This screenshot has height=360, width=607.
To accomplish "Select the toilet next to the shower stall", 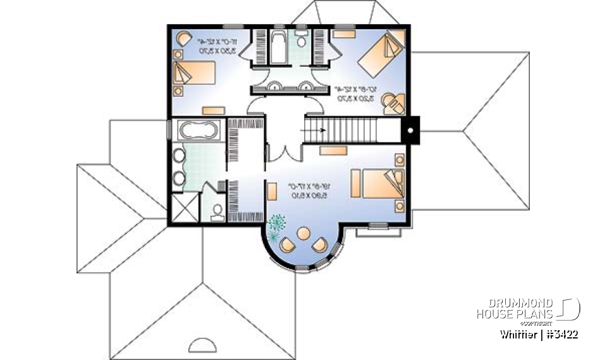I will tap(217, 211).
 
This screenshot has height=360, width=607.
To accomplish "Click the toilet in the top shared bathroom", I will tap(301, 42).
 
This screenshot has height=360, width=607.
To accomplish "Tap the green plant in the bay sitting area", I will tap(276, 225).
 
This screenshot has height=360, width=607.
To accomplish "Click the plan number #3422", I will tap(562, 334).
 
